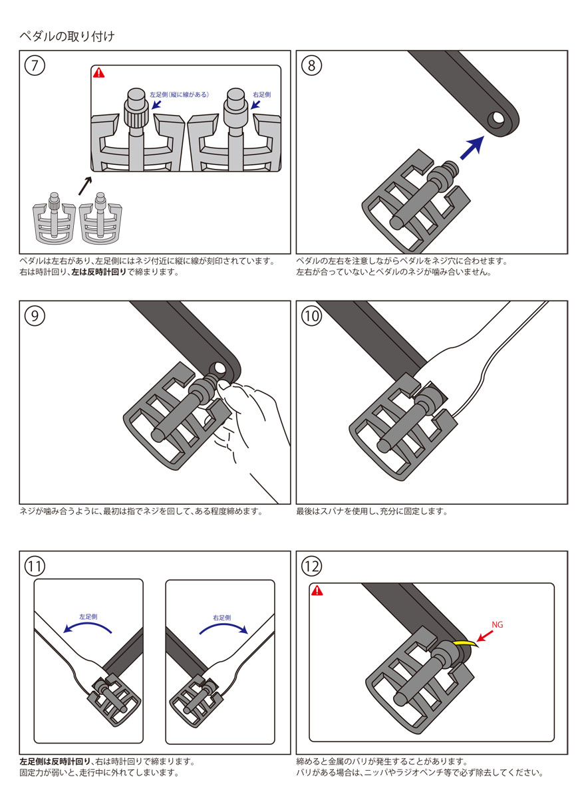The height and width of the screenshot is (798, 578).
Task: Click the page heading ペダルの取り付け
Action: click(67, 37)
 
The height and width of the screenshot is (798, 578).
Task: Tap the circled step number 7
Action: click(35, 65)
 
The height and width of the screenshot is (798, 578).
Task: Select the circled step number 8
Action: click(311, 65)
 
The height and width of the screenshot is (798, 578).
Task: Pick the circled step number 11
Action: click(35, 566)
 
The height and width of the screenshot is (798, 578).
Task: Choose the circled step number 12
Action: click(311, 566)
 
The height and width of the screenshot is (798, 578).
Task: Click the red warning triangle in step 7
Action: click(99, 73)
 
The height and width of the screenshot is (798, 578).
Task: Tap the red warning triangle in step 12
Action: click(317, 591)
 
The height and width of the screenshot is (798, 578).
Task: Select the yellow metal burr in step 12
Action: click(463, 644)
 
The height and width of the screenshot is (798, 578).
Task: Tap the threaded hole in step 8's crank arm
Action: click(496, 120)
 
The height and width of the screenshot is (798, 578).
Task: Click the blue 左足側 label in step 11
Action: click(89, 616)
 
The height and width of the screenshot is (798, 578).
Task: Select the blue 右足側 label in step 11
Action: click(221, 616)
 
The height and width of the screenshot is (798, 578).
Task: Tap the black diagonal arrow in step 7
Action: click(85, 185)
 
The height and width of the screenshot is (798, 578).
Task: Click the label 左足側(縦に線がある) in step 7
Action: click(179, 95)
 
